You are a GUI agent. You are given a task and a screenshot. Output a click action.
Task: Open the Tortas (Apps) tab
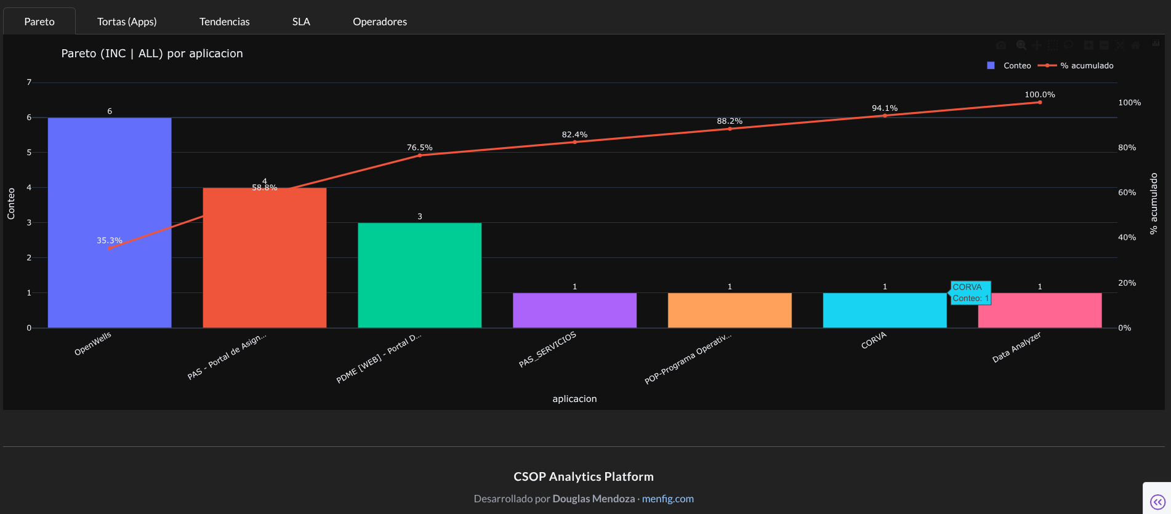127,22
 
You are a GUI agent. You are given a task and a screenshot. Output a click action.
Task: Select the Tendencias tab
224,22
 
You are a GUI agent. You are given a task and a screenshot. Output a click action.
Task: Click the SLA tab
301,22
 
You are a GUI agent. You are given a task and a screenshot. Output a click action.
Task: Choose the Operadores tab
379,22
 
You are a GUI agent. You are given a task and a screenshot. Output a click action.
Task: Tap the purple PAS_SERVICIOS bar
574,310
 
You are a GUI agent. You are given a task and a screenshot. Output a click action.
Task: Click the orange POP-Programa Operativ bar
730,310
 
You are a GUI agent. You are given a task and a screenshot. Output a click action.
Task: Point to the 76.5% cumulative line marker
420,155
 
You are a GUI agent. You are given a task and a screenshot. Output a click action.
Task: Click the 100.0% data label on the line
1039,95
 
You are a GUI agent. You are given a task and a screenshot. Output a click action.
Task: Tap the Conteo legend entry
1010,65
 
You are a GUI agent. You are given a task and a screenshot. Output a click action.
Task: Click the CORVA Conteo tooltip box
970,292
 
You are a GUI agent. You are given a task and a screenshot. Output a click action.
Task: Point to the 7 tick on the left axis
29,82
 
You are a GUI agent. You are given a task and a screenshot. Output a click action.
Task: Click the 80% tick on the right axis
1127,148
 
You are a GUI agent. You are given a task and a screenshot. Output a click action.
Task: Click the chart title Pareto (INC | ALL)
152,54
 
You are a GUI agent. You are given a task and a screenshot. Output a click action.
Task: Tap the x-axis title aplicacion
574,399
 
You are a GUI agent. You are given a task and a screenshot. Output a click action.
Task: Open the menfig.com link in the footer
667,499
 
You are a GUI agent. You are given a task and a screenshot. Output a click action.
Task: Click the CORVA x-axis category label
873,340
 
